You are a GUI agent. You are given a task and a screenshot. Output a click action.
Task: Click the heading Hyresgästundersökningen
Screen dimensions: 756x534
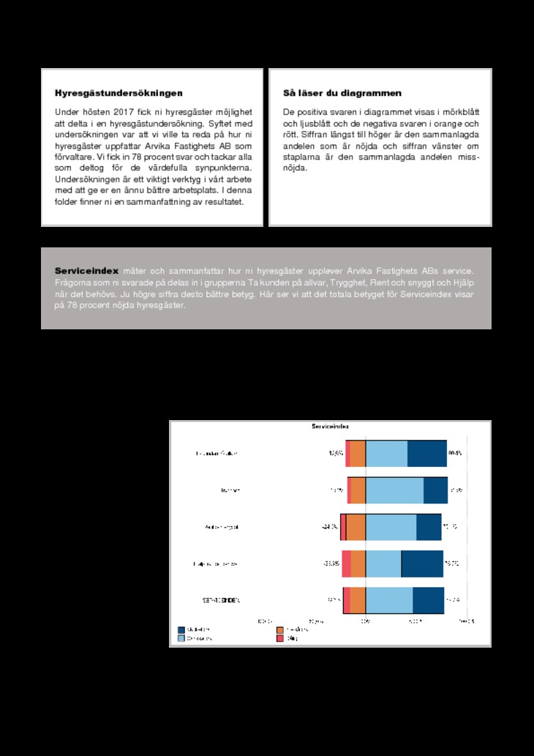119,94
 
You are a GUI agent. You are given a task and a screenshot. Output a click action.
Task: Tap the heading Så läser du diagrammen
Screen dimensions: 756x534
342,94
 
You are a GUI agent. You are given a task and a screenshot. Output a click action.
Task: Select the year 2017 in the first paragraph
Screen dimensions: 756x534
123,112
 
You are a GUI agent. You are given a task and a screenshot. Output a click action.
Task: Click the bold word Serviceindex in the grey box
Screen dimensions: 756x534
87,271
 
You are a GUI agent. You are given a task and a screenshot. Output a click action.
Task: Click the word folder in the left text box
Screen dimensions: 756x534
68,201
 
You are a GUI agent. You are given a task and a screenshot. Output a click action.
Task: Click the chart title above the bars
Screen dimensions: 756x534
330,426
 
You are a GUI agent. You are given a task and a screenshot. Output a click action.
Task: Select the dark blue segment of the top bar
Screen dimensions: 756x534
426,454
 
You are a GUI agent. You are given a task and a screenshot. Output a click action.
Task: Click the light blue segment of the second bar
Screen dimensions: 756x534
394,490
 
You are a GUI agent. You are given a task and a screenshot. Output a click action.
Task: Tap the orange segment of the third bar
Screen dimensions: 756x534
356,527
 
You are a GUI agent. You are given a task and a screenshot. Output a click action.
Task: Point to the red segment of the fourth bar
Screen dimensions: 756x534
346,564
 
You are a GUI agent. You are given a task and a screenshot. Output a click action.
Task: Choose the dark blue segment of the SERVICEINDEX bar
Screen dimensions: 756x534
428,600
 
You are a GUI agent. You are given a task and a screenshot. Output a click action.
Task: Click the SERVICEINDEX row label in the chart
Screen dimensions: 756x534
221,600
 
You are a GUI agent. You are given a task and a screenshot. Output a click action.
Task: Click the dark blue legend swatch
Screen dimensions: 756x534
181,629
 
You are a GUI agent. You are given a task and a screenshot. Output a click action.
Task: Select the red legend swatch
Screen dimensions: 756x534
280,638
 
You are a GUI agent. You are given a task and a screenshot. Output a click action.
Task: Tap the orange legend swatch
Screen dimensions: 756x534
280,629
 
